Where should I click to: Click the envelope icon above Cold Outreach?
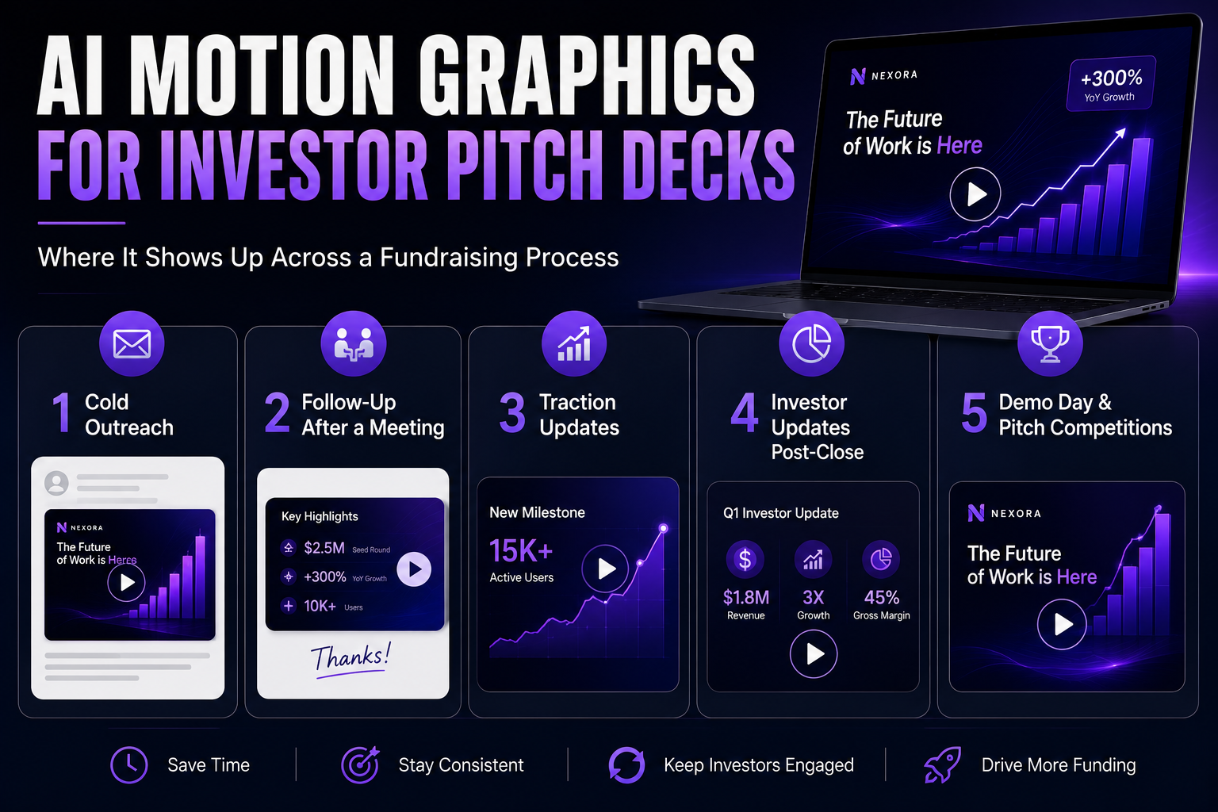click(132, 343)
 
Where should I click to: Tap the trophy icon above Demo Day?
click(1050, 343)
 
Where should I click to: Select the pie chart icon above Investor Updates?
click(811, 343)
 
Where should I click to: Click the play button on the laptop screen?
click(975, 194)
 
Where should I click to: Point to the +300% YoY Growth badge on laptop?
click(1111, 84)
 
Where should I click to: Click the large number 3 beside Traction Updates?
click(512, 414)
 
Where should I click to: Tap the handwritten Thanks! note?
click(350, 659)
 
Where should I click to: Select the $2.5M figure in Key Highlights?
click(324, 548)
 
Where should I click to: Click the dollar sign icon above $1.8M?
click(745, 559)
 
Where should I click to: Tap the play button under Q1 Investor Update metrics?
click(814, 653)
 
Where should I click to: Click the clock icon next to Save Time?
click(129, 765)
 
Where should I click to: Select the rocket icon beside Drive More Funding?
click(943, 764)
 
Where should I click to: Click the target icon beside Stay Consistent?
click(360, 764)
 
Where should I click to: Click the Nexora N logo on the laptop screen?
click(857, 77)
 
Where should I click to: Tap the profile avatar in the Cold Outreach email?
click(56, 483)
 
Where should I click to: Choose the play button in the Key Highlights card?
click(414, 569)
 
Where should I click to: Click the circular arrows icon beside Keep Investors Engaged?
click(627, 765)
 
